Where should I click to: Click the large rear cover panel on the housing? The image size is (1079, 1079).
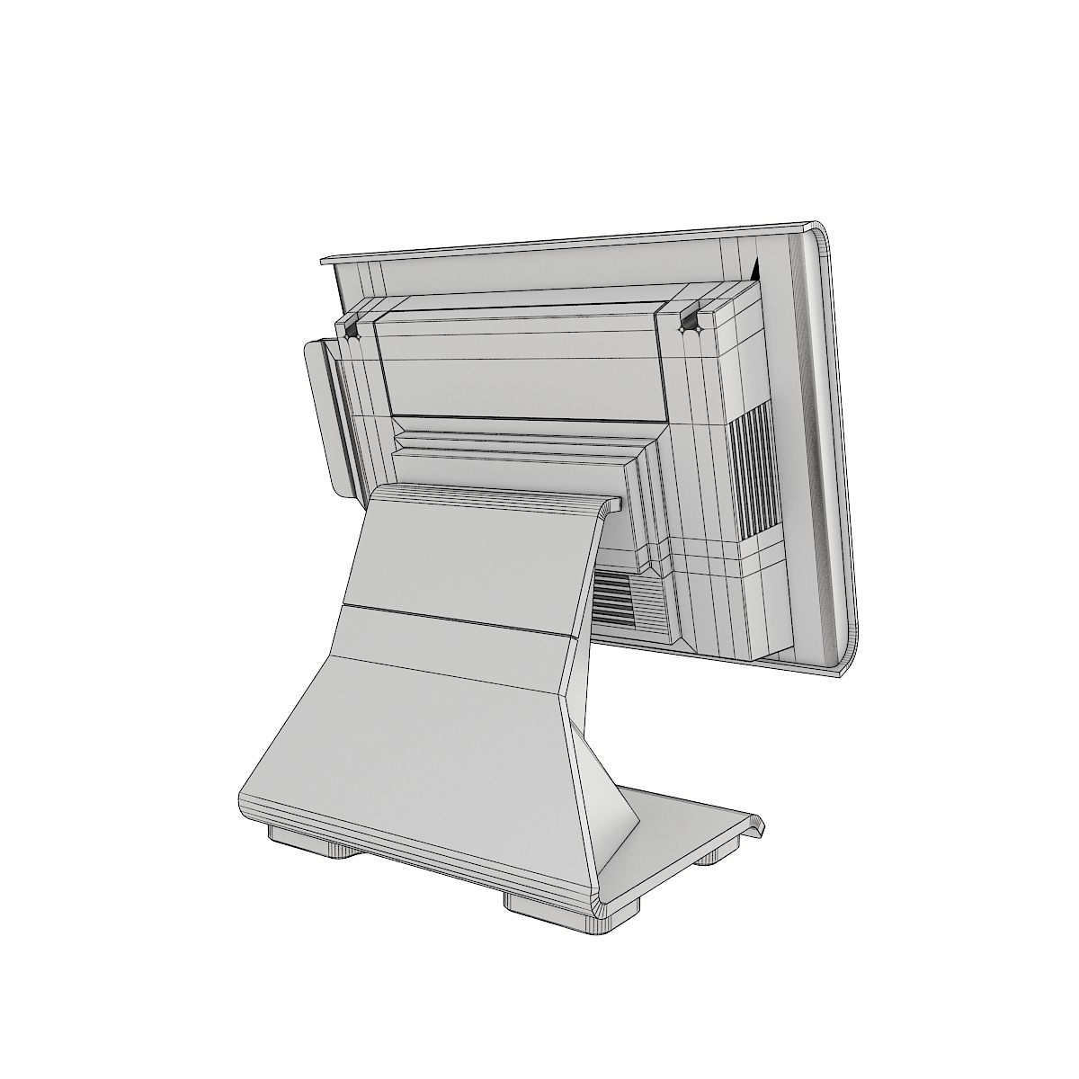point(522,360)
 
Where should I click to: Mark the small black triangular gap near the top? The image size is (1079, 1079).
point(754,268)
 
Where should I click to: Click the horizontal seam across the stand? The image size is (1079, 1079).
point(454,620)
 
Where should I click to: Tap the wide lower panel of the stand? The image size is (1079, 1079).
point(423,746)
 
